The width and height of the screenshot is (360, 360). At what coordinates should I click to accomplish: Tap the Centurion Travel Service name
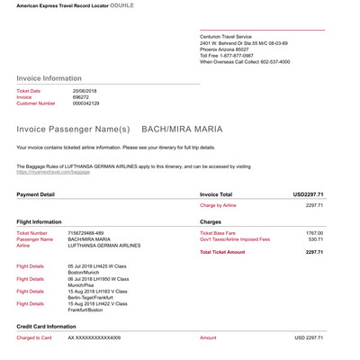tap(229, 35)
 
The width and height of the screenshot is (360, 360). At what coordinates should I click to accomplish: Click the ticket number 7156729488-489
tap(92, 233)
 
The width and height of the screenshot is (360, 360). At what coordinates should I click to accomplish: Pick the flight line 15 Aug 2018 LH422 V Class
tap(99, 304)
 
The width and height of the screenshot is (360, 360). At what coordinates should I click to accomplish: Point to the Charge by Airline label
tap(219, 205)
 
